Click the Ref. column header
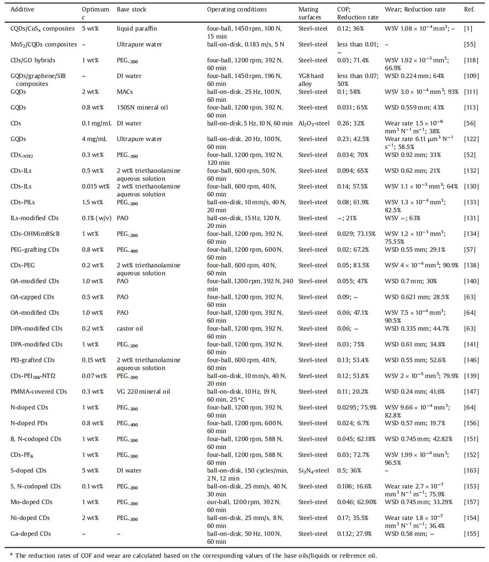click(469, 10)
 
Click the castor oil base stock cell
click(128, 329)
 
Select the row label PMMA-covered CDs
click(38, 391)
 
